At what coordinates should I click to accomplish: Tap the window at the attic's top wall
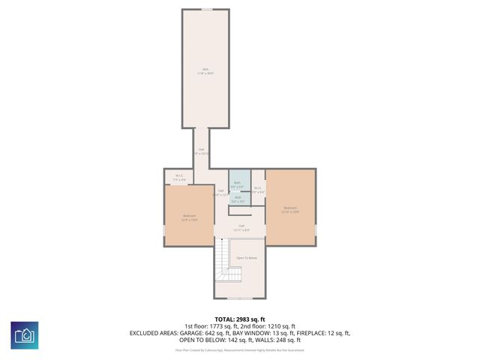tap(205, 9)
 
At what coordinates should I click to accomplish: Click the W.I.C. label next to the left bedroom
tap(179, 178)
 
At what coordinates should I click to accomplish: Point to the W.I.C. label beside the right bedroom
tap(258, 189)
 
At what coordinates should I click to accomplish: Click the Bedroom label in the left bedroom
tap(189, 217)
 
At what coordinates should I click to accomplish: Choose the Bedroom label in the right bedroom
tap(290, 208)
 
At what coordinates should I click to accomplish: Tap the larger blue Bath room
tap(238, 184)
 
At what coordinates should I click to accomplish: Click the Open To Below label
tap(247, 257)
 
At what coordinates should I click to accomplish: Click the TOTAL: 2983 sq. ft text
tap(240, 319)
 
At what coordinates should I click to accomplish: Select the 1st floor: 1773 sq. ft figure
tap(208, 325)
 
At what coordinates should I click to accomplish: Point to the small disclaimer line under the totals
tap(240, 349)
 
